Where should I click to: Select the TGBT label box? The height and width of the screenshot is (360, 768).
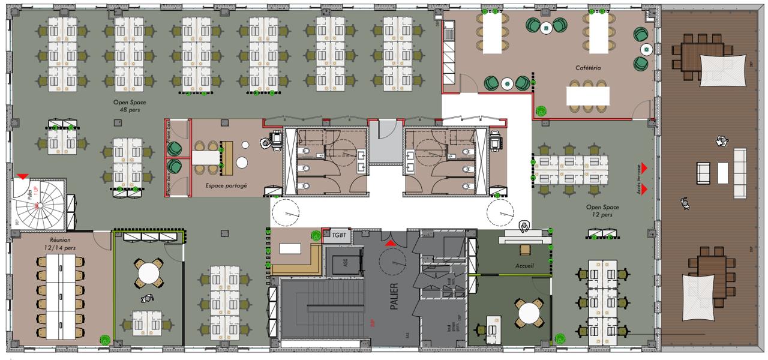[338, 236]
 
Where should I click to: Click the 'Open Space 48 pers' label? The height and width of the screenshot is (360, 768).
[130, 106]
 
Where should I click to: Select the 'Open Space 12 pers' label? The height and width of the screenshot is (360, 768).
[602, 211]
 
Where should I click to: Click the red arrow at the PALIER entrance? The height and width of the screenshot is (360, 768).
[390, 243]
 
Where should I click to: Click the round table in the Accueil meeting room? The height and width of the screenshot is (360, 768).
[529, 313]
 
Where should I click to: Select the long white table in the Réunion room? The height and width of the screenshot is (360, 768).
[61, 294]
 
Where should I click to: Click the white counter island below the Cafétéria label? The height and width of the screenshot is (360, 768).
[588, 95]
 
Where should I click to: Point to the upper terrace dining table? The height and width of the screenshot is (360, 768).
[698, 57]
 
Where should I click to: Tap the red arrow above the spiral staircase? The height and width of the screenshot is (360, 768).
[23, 176]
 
